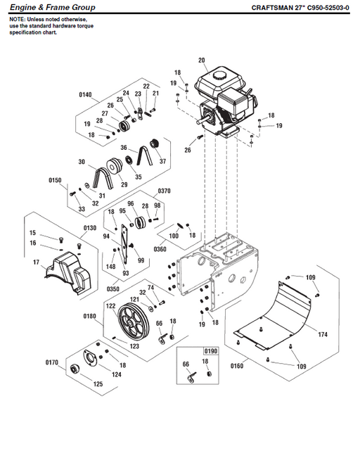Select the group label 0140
click(x=86, y=94)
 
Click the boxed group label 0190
click(x=210, y=350)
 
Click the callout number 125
click(x=98, y=384)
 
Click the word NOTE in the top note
click(x=17, y=20)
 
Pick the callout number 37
click(x=165, y=161)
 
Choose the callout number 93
click(x=126, y=273)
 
